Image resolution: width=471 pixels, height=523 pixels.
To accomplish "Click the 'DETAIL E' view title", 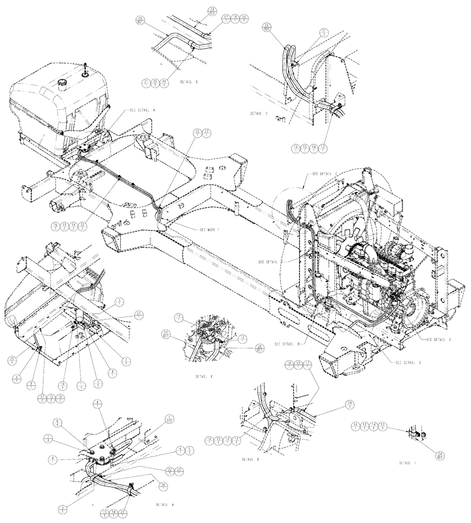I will click(x=204, y=376).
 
